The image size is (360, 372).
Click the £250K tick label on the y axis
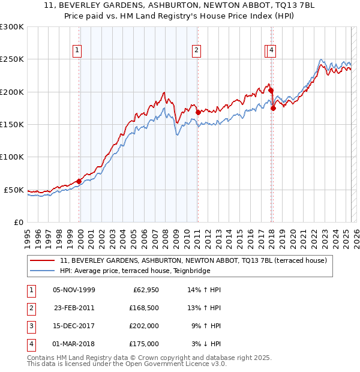pyautogui.click(x=11, y=59)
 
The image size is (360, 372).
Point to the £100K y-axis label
pyautogui.click(x=11, y=157)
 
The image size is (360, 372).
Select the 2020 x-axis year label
pyautogui.click(x=292, y=234)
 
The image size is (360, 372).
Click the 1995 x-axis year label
pyautogui.click(x=28, y=234)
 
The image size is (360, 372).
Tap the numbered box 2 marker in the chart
pyautogui.click(x=197, y=50)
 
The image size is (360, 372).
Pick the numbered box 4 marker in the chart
pyautogui.click(x=272, y=50)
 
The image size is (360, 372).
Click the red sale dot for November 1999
pyautogui.click(x=79, y=181)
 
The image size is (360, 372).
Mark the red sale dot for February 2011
pyautogui.click(x=197, y=112)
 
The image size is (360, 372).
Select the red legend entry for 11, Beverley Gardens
pyautogui.click(x=193, y=261)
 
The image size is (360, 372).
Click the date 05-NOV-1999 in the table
pyautogui.click(x=74, y=290)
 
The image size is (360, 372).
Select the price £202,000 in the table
pyautogui.click(x=143, y=327)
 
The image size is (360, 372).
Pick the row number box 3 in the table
pyautogui.click(x=29, y=327)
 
